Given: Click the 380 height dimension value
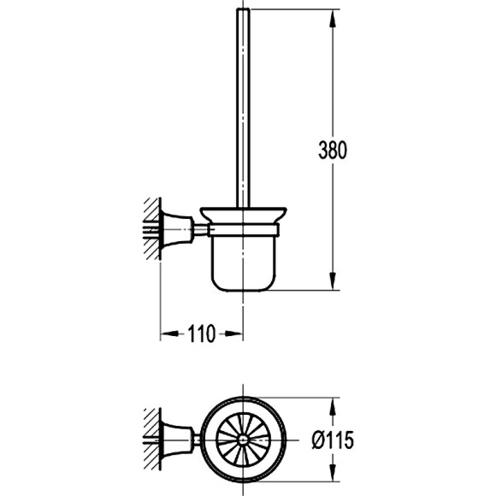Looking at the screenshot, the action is [333, 150].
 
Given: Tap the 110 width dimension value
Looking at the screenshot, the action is [202, 334].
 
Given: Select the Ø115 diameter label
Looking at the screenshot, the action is [333, 440].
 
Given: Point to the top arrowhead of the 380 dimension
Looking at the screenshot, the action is [332, 19].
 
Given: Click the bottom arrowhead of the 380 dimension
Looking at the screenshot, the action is [332, 280].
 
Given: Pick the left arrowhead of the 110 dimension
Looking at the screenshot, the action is [169, 334].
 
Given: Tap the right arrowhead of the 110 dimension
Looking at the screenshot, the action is [234, 334].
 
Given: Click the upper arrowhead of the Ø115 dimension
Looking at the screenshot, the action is [332, 407].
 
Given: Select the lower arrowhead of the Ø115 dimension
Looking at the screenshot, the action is [332, 473].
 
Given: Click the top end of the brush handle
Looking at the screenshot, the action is [243, 9].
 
